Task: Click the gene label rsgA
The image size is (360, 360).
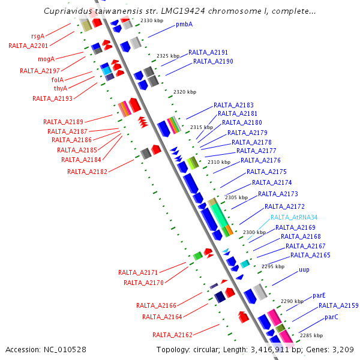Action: pos(38,36)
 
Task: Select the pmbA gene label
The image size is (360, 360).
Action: pos(184,25)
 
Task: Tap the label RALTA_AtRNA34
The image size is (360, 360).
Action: pos(293,218)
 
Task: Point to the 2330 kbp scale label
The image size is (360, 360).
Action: pos(151,20)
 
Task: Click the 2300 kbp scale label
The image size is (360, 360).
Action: pos(254,232)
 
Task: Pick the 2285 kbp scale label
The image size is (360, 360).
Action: pos(311,335)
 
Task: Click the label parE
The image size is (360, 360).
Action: pos(319,296)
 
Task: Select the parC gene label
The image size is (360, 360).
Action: pos(332,317)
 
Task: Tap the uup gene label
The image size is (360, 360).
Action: pos(304,270)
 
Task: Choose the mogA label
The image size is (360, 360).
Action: pos(46,59)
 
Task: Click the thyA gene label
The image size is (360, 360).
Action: pos(61,88)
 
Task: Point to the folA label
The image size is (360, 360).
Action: pos(58,79)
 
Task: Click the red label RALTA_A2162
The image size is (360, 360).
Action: pos(172,335)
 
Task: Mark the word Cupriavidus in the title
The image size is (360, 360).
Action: pos(68,11)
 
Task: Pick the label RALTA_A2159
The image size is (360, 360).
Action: pos(338,305)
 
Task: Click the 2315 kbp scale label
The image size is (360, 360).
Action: pos(202,127)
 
